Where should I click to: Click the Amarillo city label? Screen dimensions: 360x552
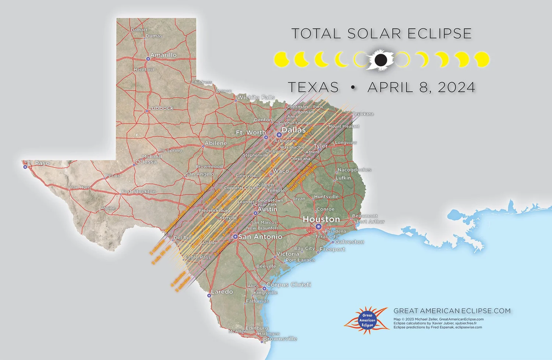coord(163,55)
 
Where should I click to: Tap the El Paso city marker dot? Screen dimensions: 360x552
coord(25,167)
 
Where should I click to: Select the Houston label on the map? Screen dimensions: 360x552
coord(321,219)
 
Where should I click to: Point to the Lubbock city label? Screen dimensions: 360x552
coord(161,108)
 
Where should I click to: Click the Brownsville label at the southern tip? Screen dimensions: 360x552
coord(280,339)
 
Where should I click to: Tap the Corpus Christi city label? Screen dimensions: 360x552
coord(289,285)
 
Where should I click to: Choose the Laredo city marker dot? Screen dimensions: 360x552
coord(209,296)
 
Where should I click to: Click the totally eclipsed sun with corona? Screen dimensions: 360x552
coord(381,59)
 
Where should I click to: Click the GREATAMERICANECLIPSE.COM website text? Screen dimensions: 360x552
coord(452,311)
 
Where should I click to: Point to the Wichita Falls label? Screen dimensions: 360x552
coord(256,98)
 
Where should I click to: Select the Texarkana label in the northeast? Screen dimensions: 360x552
coord(363,114)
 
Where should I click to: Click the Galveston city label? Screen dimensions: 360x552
coord(350,242)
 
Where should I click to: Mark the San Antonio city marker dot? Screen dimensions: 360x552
coord(235,237)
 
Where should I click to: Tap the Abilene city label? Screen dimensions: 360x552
coord(216,143)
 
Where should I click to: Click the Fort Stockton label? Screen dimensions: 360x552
coord(139,192)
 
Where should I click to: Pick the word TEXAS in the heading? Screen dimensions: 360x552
coord(313,88)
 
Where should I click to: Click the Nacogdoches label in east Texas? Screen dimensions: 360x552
coord(354,170)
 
